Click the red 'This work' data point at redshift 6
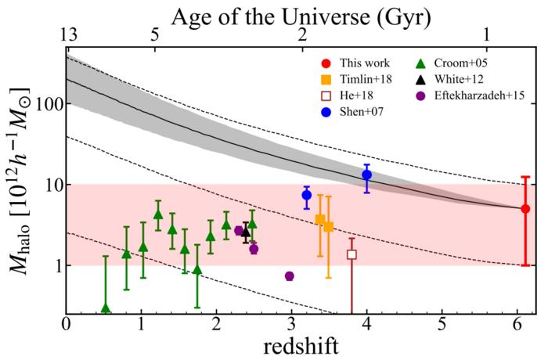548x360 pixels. (x=525, y=209)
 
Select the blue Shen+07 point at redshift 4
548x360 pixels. (x=366, y=175)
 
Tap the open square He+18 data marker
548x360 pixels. (x=352, y=254)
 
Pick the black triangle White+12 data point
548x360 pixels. (x=246, y=232)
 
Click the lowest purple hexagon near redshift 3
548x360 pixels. (x=289, y=276)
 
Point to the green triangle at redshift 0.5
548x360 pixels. (x=106, y=308)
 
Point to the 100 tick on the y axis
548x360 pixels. (x=49, y=104)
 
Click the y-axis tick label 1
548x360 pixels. (x=55, y=266)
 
